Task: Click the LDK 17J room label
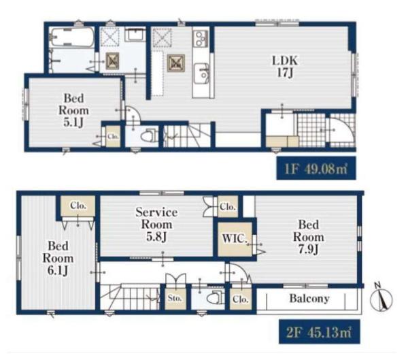[285, 67]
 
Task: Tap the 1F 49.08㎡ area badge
[316, 168]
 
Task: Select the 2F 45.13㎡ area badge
[320, 331]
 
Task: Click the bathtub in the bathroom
[72, 37]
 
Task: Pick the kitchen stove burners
[201, 39]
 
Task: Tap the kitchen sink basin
[201, 73]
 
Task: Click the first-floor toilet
[148, 135]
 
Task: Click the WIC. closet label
[235, 238]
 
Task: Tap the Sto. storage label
[175, 298]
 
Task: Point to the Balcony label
[309, 298]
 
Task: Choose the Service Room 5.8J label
[156, 225]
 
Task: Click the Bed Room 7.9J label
[308, 237]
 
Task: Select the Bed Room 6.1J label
[58, 258]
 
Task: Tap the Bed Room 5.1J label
[73, 110]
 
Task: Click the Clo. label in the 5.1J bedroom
[113, 136]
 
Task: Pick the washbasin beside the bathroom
[135, 35]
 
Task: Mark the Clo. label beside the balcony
[241, 299]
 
